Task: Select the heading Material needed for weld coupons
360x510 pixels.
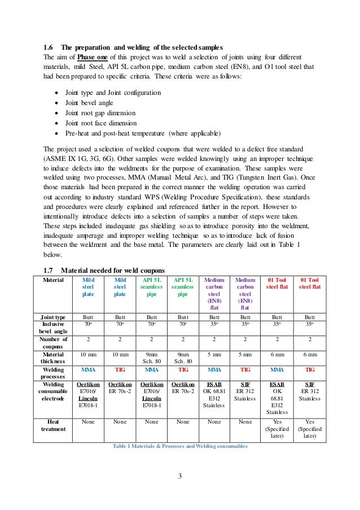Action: [120, 270]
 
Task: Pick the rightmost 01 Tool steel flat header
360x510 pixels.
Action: [309, 283]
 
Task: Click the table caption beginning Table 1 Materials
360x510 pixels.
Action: [180, 446]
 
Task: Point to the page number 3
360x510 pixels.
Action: [179, 474]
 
